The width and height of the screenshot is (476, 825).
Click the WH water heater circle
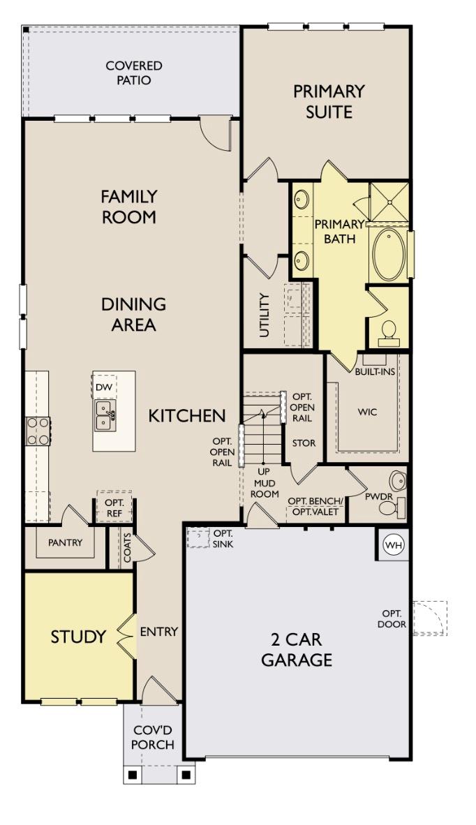click(394, 545)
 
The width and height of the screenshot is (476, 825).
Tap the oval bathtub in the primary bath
click(389, 255)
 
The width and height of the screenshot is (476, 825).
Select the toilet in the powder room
click(388, 507)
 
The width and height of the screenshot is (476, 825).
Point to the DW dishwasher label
click(104, 387)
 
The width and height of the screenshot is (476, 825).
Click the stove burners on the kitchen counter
click(38, 431)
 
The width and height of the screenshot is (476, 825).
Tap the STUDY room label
click(78, 637)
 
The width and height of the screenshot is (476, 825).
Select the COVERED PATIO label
click(133, 73)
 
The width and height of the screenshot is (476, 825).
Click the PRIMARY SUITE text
click(329, 101)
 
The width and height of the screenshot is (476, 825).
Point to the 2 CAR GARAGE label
click(297, 649)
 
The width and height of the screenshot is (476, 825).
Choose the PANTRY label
click(65, 542)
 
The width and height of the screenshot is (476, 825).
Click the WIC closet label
click(367, 412)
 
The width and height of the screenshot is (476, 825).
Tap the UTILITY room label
click(264, 315)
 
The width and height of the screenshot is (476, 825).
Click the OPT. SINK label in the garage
click(223, 538)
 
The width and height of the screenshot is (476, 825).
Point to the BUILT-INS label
click(375, 371)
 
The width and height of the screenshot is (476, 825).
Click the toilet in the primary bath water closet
click(388, 332)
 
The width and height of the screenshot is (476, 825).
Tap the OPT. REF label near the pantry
click(114, 507)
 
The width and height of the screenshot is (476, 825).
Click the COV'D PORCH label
click(153, 738)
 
